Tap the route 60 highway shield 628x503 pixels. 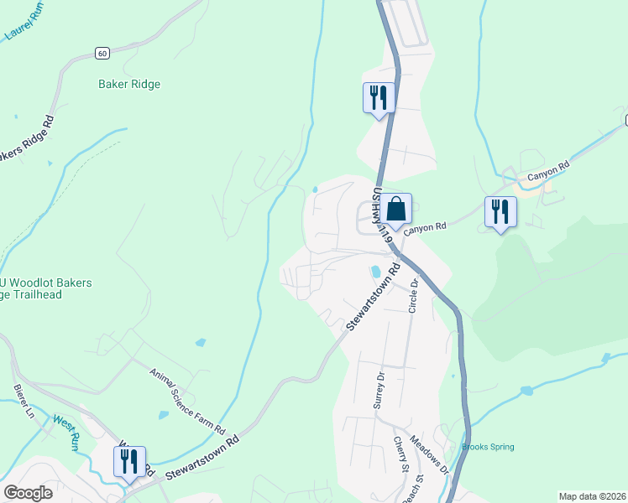102,53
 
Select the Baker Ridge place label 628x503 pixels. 129,84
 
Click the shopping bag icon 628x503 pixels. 399,210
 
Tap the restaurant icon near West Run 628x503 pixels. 129,462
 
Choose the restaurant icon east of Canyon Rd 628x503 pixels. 500,212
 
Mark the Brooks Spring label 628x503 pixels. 488,447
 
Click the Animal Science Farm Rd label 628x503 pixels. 187,402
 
